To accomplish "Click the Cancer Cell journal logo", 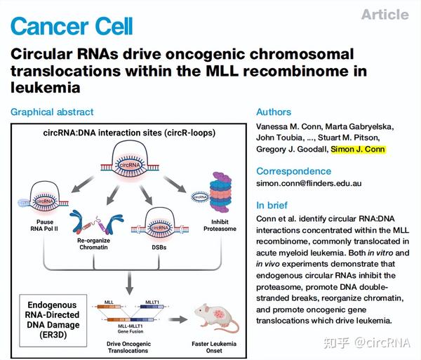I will pyautogui.click(x=72, y=26).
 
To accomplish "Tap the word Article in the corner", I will pyautogui.click(x=385, y=15).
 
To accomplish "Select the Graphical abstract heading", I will pyautogui.click(x=52, y=112).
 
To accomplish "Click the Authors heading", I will pyautogui.click(x=273, y=112).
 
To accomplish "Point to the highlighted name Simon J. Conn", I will pyautogui.click(x=358, y=149).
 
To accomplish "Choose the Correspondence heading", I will pyautogui.click(x=294, y=171).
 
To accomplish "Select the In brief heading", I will pyautogui.click(x=272, y=206).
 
